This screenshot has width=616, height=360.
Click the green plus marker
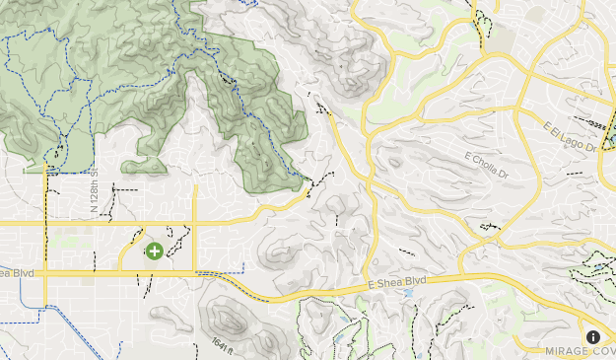click(154, 252)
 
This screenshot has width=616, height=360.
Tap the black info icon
click(593, 337)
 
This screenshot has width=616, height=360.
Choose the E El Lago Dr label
click(571, 135)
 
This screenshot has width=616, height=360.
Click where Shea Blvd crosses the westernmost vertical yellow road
click(45, 273)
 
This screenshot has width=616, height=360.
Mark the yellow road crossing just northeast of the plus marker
click(195, 224)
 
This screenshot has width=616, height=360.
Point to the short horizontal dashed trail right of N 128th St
click(124, 186)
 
